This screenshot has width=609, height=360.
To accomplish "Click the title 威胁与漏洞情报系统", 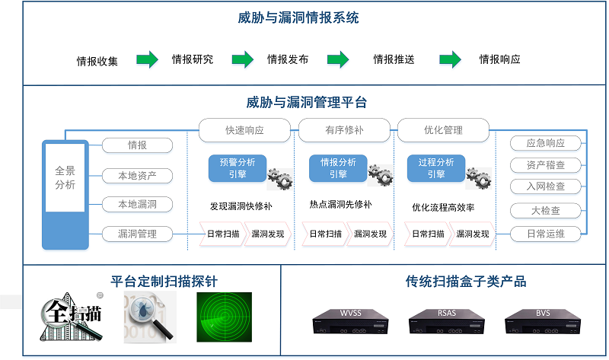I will coord(304,17).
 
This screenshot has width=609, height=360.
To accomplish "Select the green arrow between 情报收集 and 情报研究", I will coord(147,59).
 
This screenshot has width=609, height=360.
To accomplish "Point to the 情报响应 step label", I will coord(499,59).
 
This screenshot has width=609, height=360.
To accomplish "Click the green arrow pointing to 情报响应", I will coord(450,59).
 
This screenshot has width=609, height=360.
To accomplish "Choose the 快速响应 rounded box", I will coord(244,130).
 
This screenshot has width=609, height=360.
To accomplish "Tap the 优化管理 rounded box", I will coord(443,130).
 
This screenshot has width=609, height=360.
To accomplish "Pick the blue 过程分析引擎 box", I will coord(436,168).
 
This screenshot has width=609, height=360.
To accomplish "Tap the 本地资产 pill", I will coord(137,176).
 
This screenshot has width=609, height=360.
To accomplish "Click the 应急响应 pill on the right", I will coord(545,143).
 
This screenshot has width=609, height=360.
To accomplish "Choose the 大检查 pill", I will coord(545,210).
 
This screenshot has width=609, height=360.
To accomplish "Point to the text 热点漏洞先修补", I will coord(340,205).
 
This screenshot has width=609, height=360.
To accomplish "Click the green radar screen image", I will coord(224,317).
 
